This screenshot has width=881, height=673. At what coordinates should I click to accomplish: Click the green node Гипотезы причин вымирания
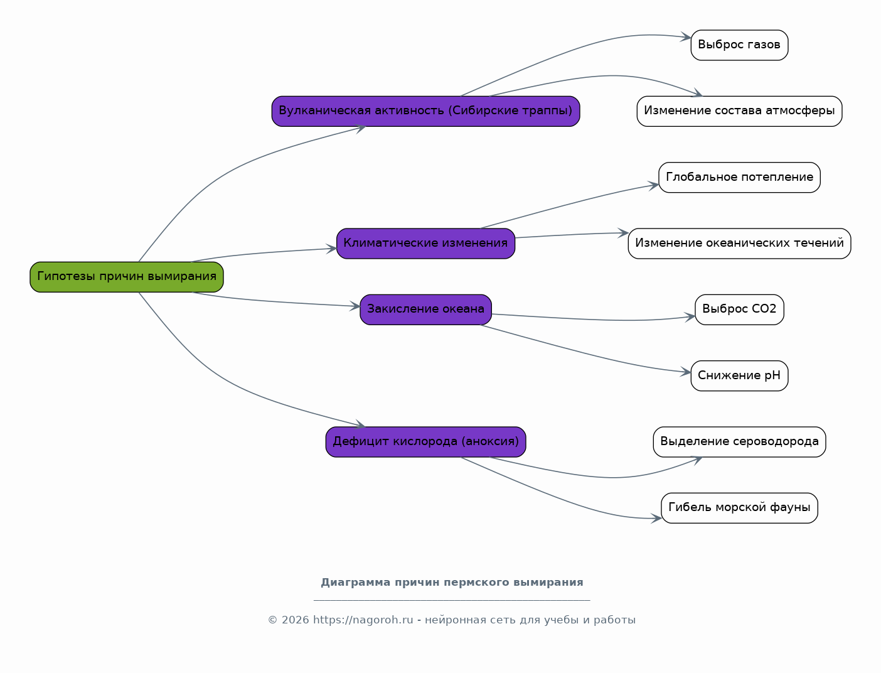point(126,277)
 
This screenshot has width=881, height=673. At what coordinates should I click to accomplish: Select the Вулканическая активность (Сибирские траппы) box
point(425,111)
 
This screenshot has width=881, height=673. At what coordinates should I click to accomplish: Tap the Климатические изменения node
point(425,244)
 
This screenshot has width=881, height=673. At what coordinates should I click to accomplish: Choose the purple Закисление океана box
point(425,310)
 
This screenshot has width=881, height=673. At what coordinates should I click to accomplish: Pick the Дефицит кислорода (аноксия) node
point(425,442)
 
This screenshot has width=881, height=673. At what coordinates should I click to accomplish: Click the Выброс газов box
point(739,45)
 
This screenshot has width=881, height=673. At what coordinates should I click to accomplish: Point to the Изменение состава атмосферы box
point(739,111)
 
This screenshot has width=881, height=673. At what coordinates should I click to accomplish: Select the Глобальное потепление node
point(739,178)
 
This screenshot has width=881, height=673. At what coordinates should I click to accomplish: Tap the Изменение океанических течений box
point(739,244)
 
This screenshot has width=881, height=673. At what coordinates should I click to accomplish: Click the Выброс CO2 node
point(739,310)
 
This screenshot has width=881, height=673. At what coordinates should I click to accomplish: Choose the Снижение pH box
point(739,376)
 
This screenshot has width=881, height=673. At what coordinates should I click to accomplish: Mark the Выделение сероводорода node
point(739,442)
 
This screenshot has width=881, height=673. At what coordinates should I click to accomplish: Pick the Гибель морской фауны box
point(739,508)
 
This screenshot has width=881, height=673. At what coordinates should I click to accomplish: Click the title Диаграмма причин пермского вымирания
point(452,582)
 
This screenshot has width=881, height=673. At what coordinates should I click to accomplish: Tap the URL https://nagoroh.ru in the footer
point(363,620)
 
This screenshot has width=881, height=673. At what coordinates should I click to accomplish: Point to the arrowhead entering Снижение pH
point(685,372)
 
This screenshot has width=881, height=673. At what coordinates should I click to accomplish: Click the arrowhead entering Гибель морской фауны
point(656,519)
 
